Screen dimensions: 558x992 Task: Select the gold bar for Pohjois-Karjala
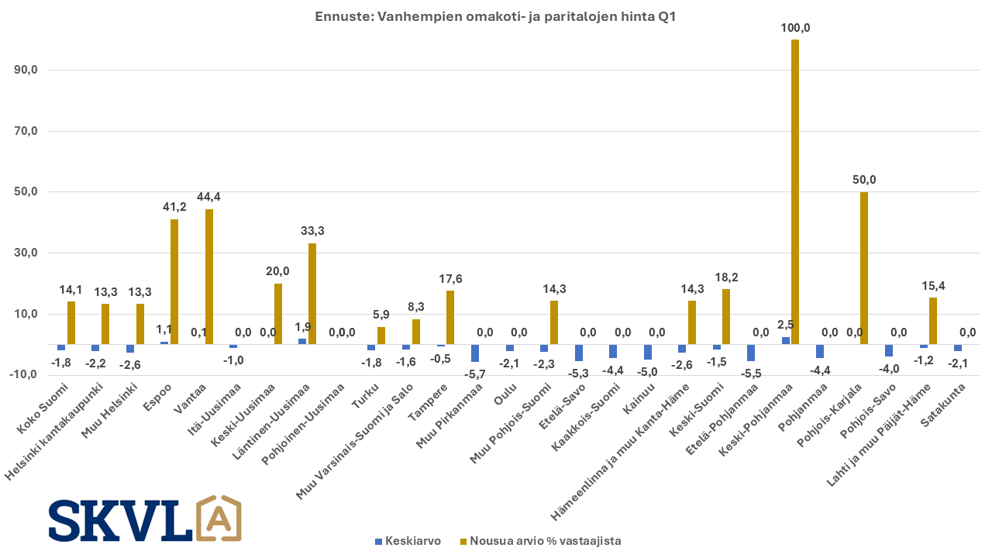click(864, 268)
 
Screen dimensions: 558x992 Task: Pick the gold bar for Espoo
click(174, 281)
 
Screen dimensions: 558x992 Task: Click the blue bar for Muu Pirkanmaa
click(475, 353)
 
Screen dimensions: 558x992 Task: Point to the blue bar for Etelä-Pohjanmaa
click(751, 353)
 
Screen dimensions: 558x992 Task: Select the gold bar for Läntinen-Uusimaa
click(312, 294)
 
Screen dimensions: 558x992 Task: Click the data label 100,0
click(795, 28)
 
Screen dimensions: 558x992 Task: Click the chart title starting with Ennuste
click(496, 16)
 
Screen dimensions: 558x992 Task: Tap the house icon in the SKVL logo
click(219, 518)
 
